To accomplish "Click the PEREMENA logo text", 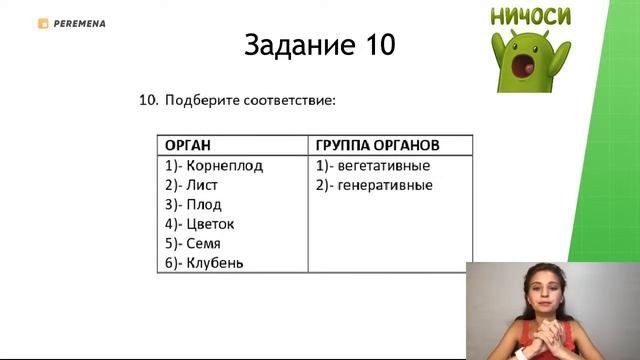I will [x=81, y=23].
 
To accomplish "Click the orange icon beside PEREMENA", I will [x=43, y=23].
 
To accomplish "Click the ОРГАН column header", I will [x=188, y=145].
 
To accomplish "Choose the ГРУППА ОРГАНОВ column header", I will [x=378, y=145].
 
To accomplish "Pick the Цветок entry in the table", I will [x=210, y=224].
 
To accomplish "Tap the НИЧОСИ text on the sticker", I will [x=531, y=17].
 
